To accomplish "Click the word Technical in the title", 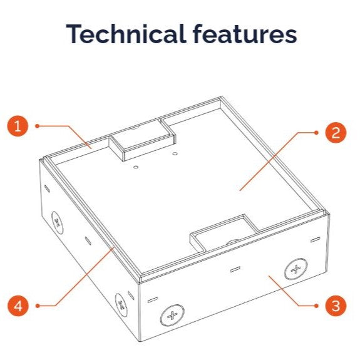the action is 125,34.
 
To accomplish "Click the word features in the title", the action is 245,34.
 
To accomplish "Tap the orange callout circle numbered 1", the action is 18,126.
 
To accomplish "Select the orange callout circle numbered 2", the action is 336,133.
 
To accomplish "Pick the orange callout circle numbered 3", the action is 336,306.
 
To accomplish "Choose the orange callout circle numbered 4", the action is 18,306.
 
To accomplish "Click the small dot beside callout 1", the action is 38,126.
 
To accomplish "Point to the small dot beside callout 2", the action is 316,133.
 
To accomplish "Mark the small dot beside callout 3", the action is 316,306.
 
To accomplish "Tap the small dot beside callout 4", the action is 38,306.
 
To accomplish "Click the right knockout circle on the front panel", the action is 296,269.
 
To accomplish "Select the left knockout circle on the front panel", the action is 172,316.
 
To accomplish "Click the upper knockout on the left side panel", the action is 57,222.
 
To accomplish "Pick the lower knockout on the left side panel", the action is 121,304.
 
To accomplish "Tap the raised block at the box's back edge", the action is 142,140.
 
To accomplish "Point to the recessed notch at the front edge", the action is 224,233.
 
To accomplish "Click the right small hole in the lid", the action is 175,153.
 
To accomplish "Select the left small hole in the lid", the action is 136,167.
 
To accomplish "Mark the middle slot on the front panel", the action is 235,269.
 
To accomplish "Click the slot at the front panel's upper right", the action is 315,240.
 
